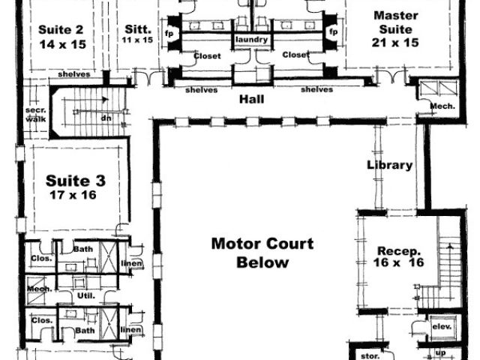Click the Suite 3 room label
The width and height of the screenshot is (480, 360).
click(76, 180)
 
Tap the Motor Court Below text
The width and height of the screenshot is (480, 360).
click(262, 253)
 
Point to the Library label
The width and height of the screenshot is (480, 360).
click(389, 165)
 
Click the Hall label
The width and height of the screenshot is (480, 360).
click(250, 98)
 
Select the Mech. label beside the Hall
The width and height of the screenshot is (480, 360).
click(442, 106)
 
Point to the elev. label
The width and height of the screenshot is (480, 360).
click(439, 327)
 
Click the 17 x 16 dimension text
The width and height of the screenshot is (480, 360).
click(76, 194)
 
